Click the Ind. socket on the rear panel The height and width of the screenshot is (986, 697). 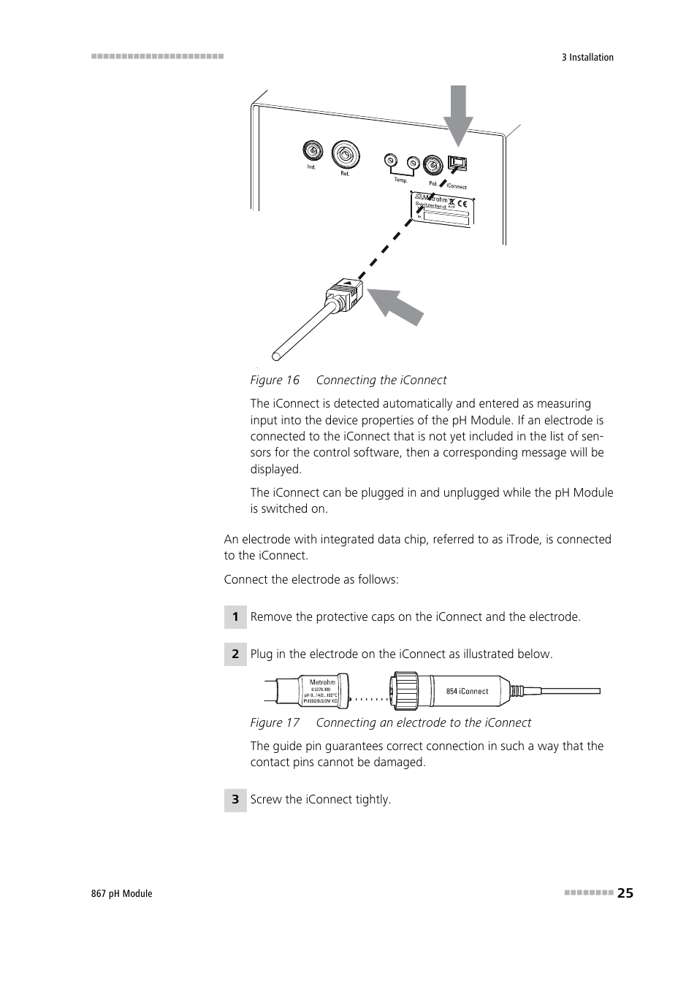[x=313, y=151]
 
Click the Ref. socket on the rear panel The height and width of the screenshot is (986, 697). [x=346, y=154]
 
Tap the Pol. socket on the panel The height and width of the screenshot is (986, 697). [x=433, y=164]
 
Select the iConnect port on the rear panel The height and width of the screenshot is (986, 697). [x=457, y=165]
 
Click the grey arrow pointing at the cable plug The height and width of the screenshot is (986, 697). [x=395, y=306]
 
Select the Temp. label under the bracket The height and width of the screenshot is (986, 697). [x=400, y=180]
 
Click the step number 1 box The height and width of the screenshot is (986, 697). [x=235, y=617]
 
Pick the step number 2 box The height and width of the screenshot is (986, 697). [x=235, y=654]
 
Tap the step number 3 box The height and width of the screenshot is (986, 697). [x=235, y=800]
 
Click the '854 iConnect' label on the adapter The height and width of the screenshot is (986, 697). [x=467, y=691]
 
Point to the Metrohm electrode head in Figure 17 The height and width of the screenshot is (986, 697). [x=322, y=691]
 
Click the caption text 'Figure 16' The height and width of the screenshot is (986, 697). [x=275, y=381]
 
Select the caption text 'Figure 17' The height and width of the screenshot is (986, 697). [x=275, y=723]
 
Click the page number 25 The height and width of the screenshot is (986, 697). [x=625, y=893]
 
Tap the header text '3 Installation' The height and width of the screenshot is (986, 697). [x=587, y=58]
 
